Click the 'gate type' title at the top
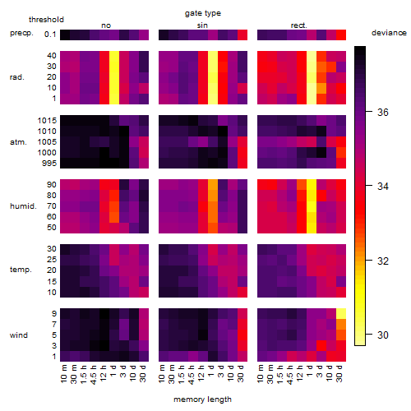click(x=203, y=13)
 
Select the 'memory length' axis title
click(x=202, y=399)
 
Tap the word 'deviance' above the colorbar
click(x=389, y=33)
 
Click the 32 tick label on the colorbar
click(x=383, y=261)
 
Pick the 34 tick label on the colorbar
click(x=383, y=187)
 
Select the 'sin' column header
click(x=202, y=25)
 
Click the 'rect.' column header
click(x=299, y=25)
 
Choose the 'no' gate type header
click(x=106, y=25)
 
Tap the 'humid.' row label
click(x=23, y=205)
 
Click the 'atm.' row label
click(x=18, y=142)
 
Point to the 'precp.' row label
click(x=21, y=33)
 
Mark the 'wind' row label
click(x=19, y=335)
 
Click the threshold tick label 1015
click(x=47, y=121)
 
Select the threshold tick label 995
click(x=49, y=164)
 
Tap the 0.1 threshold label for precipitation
click(x=50, y=35)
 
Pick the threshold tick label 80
click(x=52, y=196)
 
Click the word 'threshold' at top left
click(x=46, y=20)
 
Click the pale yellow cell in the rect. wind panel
click(x=341, y=313)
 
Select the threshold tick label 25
click(x=52, y=260)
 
